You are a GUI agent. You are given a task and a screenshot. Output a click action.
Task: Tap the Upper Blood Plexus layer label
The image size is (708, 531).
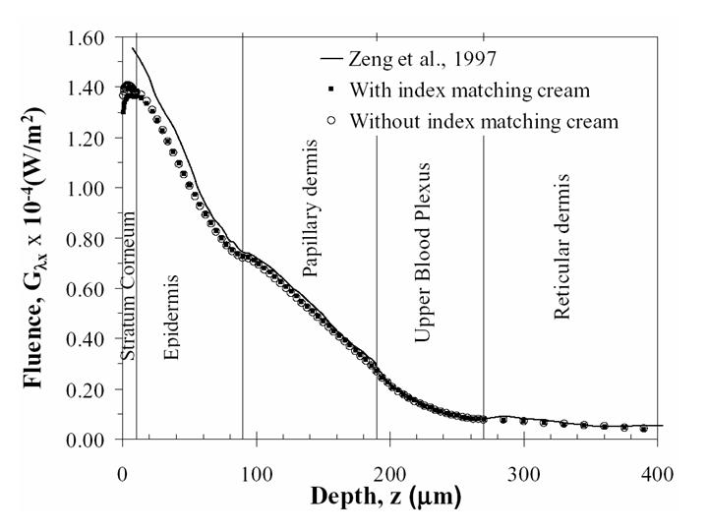point(423,253)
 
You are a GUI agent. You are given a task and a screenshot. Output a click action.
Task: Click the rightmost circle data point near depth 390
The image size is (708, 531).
point(643,429)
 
